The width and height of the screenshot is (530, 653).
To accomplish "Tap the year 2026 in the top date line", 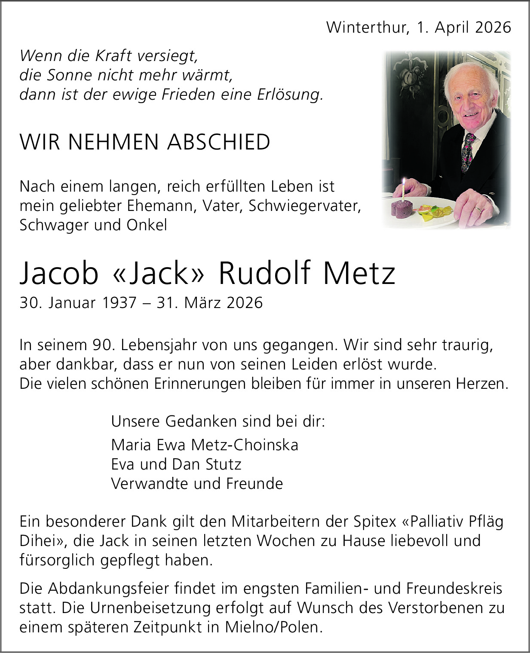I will pos(493,27).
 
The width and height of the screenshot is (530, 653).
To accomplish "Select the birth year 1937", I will pos(119,303).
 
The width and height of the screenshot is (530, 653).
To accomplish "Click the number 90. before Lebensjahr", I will pos(103,345).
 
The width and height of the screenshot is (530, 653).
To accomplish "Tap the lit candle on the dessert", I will pos(404,189).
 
